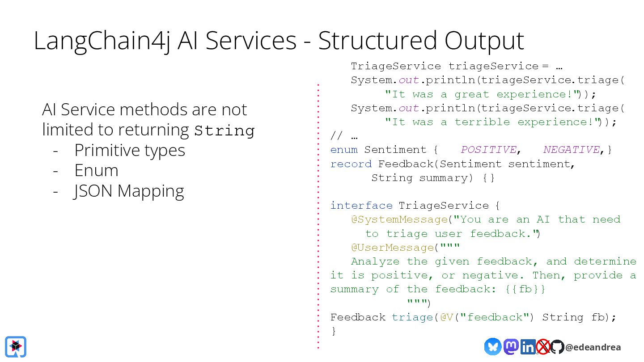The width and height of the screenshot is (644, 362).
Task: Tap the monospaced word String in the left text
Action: coord(225,131)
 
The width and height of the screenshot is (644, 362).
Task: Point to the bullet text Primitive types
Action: coord(130,150)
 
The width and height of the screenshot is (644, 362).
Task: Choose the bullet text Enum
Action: coord(96,171)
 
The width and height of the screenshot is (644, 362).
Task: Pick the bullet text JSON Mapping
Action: coord(129,191)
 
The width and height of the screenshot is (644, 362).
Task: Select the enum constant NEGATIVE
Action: coord(571,150)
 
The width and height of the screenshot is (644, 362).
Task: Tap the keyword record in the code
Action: coord(351,164)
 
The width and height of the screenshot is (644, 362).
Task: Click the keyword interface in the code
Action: coord(361,206)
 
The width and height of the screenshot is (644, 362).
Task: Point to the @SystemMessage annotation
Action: coord(399,219)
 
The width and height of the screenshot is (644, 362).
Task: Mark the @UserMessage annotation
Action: coord(392,248)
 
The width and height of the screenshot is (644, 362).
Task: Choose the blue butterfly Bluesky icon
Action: coord(492,347)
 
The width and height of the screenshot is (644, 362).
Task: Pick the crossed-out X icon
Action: coord(543,347)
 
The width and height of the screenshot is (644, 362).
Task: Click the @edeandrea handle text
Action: coord(593,347)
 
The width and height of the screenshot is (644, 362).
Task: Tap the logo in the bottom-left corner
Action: coord(16,346)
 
